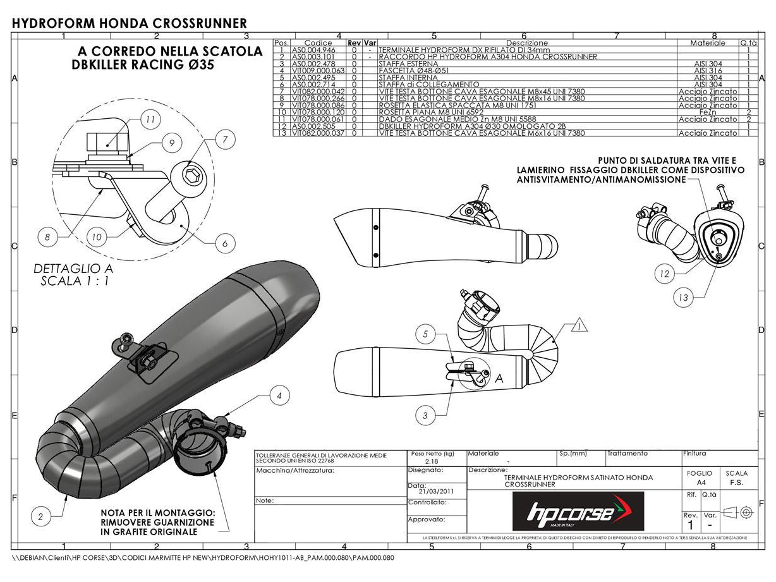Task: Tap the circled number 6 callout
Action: click(x=225, y=243)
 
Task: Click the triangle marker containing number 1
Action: click(x=579, y=327)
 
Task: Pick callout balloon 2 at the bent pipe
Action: click(x=40, y=516)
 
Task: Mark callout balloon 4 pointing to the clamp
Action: click(x=279, y=396)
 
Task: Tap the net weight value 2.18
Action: click(x=432, y=462)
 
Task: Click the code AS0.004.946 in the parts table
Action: click(x=318, y=49)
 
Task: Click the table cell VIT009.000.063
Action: click(x=318, y=70)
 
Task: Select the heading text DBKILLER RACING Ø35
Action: click(x=143, y=65)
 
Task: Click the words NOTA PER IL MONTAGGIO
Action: click(x=157, y=512)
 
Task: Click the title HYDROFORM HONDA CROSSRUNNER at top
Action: click(x=130, y=23)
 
